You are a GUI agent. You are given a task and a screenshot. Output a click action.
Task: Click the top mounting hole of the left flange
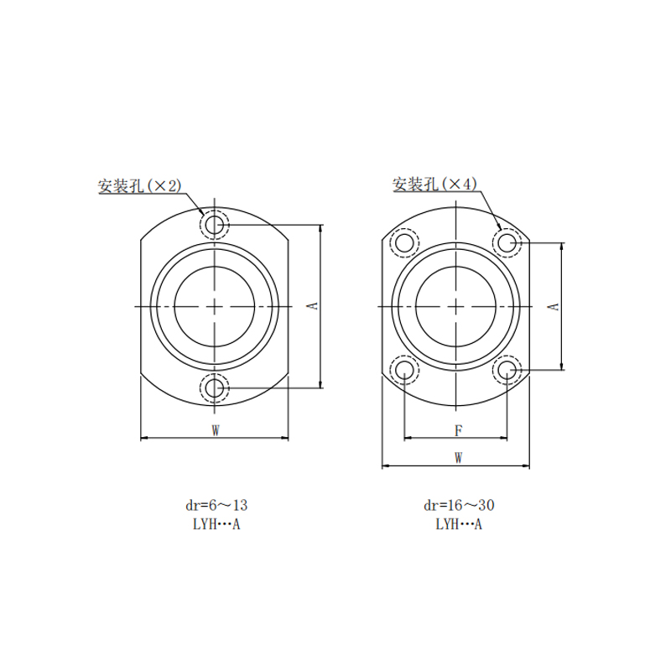tap(215, 224)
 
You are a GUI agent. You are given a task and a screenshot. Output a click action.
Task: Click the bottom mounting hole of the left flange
tap(215, 388)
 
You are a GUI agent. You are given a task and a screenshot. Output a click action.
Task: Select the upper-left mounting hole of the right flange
tap(404, 243)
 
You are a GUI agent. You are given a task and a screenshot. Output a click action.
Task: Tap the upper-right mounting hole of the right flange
tap(507, 243)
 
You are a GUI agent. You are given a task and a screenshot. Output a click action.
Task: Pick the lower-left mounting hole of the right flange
tap(404, 370)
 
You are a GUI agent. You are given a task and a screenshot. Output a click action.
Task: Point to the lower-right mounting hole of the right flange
tap(507, 370)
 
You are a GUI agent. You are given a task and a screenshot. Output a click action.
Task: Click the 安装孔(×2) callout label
tap(140, 185)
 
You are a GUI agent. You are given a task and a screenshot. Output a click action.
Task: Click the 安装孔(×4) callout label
tap(434, 184)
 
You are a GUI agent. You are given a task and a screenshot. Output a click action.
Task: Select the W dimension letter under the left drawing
tap(216, 430)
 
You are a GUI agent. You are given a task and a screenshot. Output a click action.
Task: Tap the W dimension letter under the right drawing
tap(458, 458)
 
